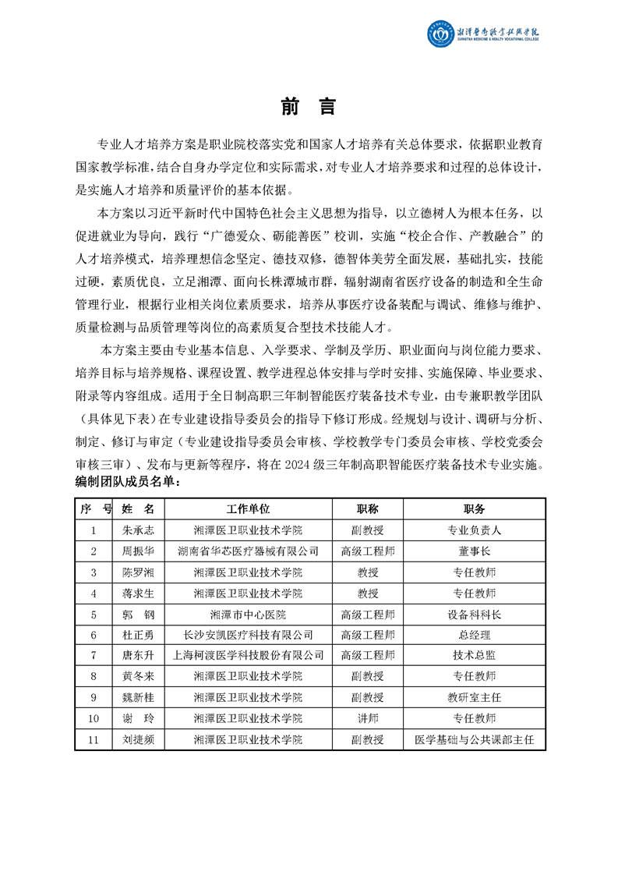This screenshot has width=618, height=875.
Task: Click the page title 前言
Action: coord(309,106)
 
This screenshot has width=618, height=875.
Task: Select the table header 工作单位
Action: coord(248,508)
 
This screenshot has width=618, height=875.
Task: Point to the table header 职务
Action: coord(474,508)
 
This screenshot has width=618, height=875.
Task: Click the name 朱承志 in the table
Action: coord(139,530)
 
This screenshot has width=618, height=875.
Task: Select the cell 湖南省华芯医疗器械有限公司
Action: coord(248,551)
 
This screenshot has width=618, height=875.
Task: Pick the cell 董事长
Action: coord(474,551)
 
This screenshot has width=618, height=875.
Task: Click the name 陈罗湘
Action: coord(139,572)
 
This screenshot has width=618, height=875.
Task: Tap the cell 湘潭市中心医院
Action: coord(248,614)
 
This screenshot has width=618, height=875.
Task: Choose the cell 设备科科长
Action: coord(474,614)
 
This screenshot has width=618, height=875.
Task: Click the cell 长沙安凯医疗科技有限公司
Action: coord(248,635)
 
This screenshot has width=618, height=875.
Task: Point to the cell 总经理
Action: coord(474,635)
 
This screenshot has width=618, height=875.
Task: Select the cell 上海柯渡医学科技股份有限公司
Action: coord(248,656)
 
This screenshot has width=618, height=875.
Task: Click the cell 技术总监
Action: coord(474,656)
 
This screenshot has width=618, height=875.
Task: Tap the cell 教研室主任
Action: coord(474,697)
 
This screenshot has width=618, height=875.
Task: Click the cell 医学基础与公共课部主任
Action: coord(474,739)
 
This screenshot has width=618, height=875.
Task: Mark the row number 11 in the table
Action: coord(94,739)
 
